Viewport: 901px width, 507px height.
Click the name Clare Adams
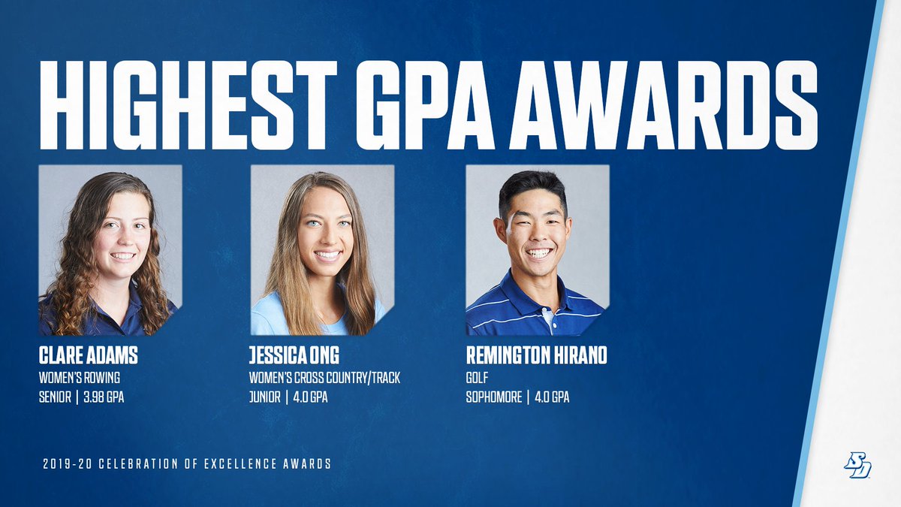[88, 356]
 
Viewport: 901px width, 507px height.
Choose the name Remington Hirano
[536, 356]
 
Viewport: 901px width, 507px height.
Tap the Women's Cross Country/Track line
[324, 378]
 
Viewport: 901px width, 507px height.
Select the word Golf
[477, 378]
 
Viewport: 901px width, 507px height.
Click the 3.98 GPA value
[105, 397]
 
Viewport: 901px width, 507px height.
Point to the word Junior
[264, 397]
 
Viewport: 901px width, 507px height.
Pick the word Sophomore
[493, 397]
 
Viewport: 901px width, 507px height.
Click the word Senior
[55, 397]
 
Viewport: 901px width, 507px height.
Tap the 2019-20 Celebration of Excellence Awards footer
[187, 463]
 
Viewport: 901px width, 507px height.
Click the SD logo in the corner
[857, 466]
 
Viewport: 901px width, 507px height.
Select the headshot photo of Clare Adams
[110, 250]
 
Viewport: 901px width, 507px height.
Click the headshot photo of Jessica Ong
[323, 250]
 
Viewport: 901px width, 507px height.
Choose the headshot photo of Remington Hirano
[537, 250]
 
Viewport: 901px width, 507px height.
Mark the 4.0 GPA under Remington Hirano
[551, 397]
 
